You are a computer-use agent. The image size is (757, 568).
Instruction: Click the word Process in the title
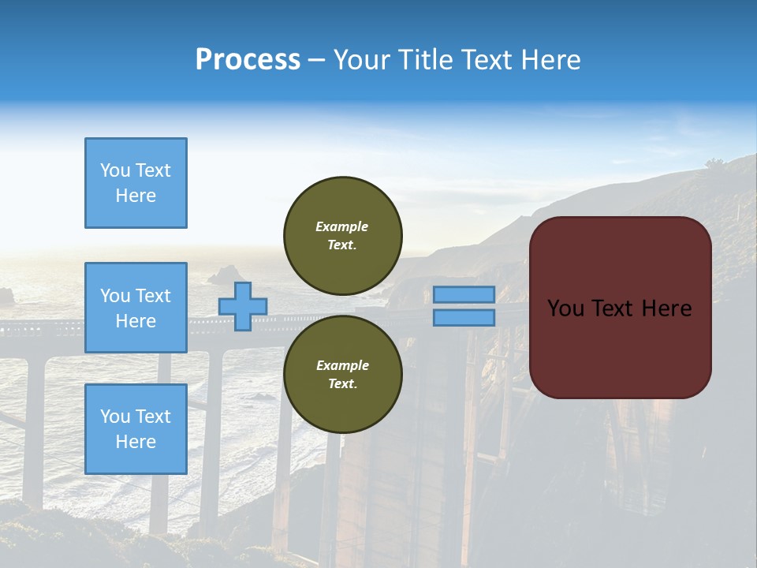tap(248, 60)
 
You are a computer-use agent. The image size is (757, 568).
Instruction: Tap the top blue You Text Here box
tap(136, 183)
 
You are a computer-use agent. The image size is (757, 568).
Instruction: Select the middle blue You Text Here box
tap(136, 308)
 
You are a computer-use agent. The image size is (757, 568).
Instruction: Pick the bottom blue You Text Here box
tap(136, 429)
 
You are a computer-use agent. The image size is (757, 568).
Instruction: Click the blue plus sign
tap(243, 306)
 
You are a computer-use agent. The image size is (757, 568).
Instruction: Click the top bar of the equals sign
tap(464, 294)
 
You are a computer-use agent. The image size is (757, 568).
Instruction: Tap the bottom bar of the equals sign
tap(464, 317)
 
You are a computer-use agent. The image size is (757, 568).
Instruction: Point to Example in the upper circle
tap(342, 226)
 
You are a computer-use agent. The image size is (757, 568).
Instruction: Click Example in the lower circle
tap(342, 365)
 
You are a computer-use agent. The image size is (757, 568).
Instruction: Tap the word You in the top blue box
tap(115, 170)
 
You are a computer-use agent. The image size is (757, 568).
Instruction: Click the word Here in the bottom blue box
tap(136, 442)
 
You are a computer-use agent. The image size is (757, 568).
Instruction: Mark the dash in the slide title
tap(316, 60)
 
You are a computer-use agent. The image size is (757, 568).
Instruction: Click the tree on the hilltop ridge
tap(714, 164)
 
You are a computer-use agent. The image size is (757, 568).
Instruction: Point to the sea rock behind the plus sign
tap(223, 276)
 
